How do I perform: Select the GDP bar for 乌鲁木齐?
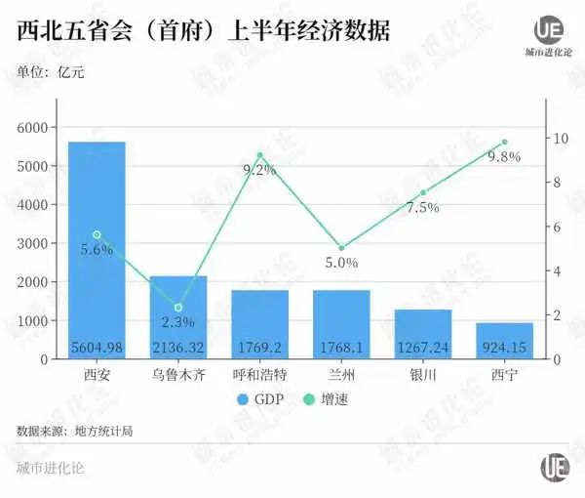178,312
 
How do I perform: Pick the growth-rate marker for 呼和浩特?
259,155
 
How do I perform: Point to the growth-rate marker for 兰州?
341,248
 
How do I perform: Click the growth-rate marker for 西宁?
504,143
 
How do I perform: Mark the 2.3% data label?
178,322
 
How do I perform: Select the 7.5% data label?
423,207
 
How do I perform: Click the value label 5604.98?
97,348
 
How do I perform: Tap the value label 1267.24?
423,348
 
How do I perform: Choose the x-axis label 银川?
423,375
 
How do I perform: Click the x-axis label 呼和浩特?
259,375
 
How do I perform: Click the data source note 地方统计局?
74,430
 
